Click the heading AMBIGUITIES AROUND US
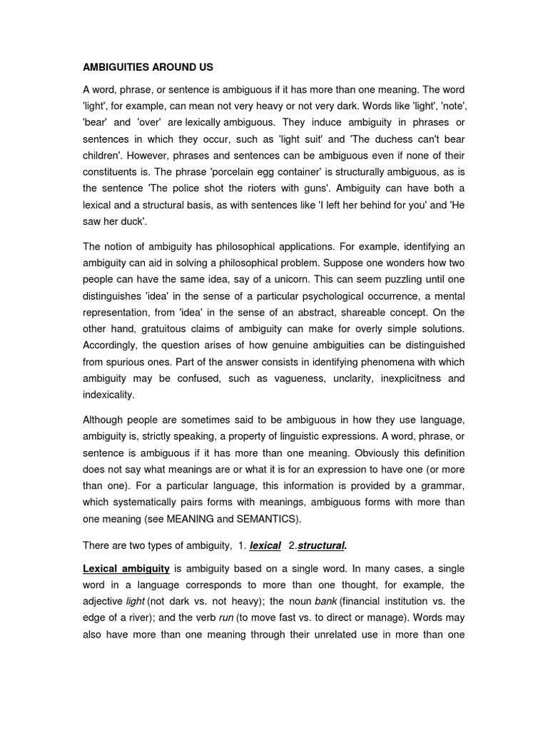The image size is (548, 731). tap(148, 67)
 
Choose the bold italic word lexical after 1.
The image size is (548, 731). tap(265, 545)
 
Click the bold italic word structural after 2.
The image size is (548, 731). tap(322, 545)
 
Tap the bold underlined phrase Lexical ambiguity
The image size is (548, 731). tap(126, 568)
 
